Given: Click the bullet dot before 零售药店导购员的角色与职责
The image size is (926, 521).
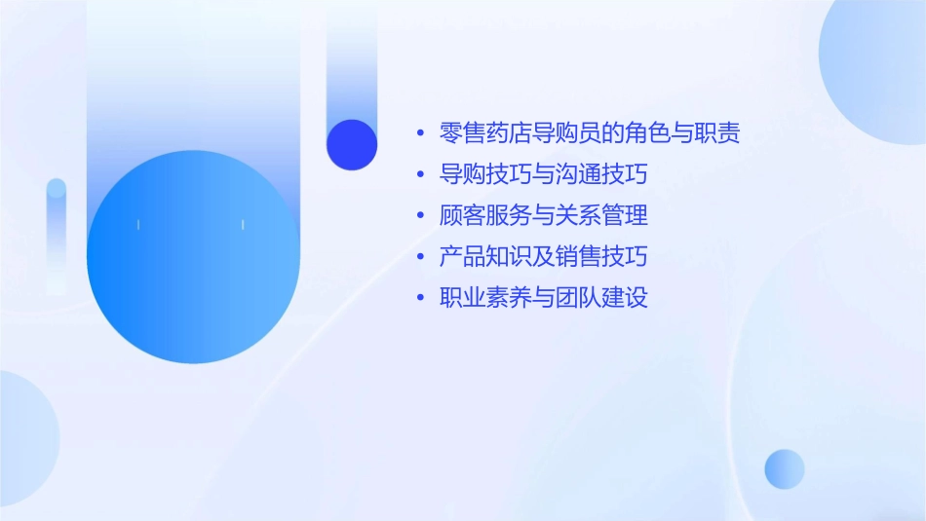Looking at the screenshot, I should point(420,133).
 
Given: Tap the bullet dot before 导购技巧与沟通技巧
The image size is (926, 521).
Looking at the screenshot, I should point(420,175).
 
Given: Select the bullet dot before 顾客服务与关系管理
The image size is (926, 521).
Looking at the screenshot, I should point(420,215).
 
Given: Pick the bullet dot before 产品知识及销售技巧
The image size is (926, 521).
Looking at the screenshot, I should point(420,257).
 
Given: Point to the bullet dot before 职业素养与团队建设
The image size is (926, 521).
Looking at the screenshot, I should point(420,298).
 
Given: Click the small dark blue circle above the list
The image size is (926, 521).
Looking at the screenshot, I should point(352,144).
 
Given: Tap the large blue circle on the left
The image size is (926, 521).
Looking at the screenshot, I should point(193,257).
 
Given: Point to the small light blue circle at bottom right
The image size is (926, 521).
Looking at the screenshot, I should point(785,468).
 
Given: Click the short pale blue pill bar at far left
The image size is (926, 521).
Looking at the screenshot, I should point(57,234).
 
